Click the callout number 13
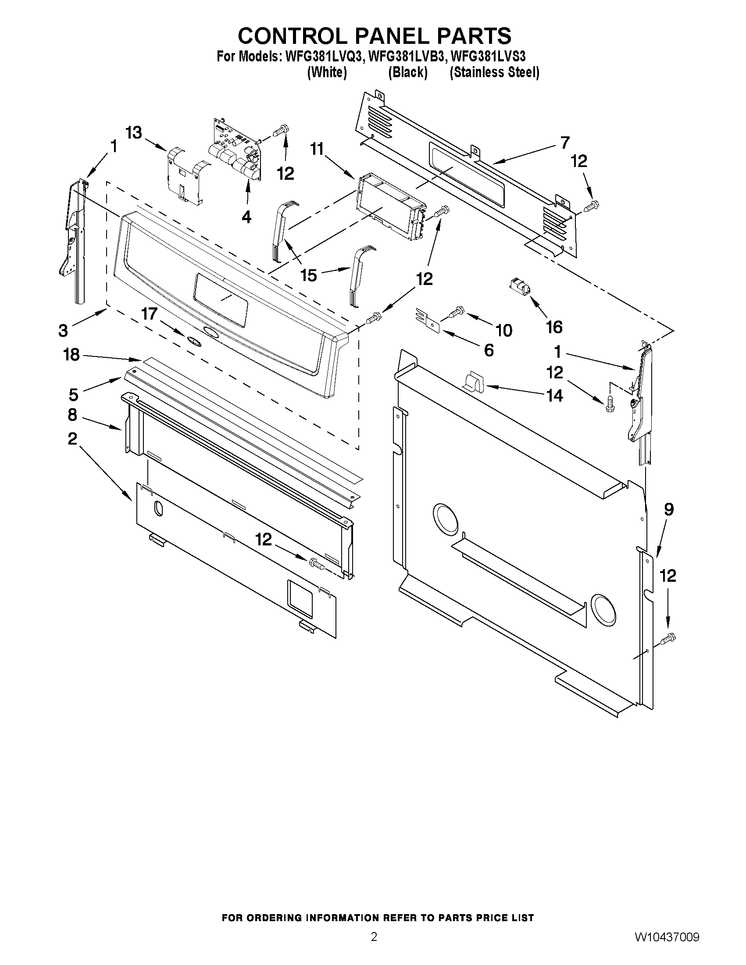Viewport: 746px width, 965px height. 134,132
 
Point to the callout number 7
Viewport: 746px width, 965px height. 565,143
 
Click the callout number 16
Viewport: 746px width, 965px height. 554,327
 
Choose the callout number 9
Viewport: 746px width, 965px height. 669,509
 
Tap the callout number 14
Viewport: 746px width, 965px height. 555,395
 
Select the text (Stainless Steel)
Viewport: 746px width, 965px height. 494,72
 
